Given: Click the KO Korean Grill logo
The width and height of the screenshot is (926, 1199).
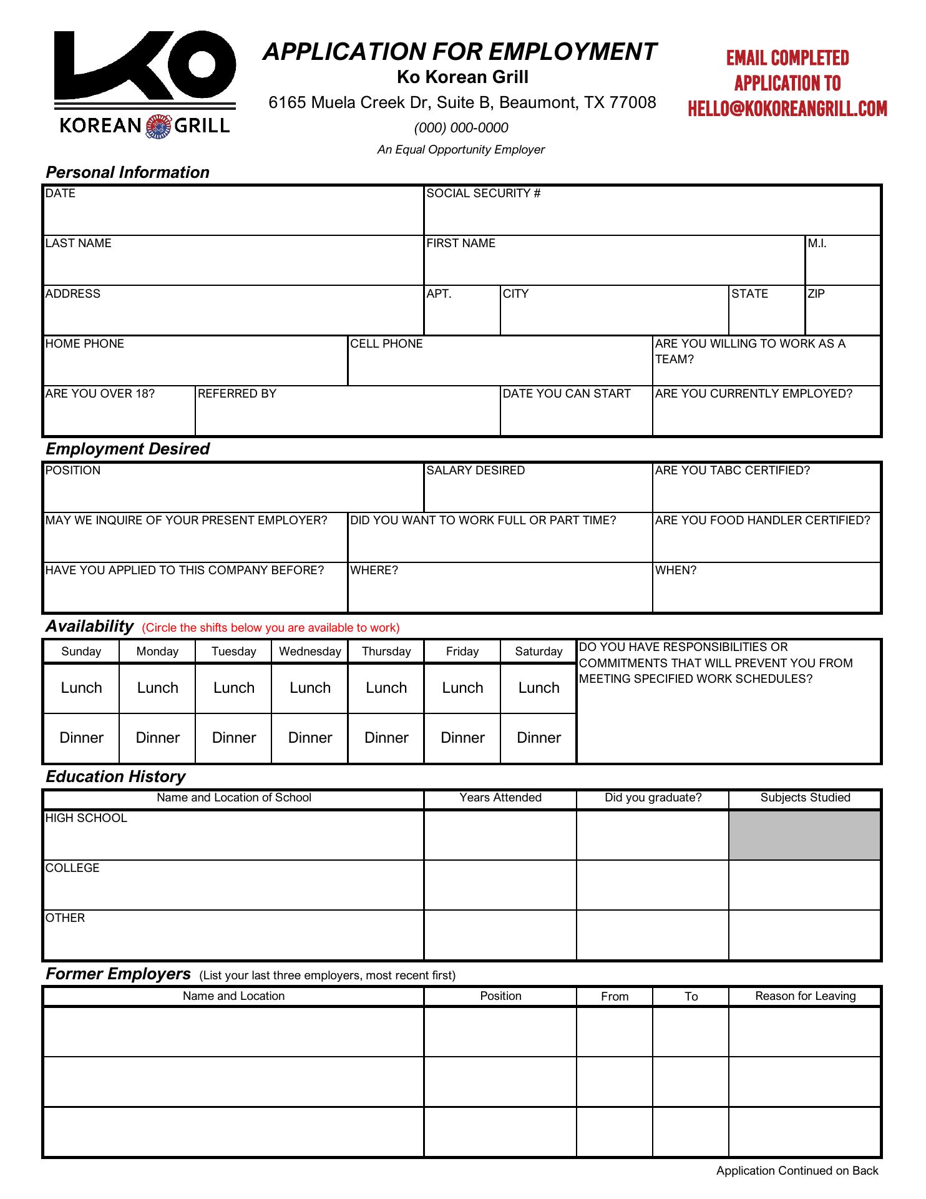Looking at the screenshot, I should coord(145,84).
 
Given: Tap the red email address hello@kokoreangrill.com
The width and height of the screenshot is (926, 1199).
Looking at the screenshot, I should coord(787,109).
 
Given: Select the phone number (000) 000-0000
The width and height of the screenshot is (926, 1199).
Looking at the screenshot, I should coord(461,128).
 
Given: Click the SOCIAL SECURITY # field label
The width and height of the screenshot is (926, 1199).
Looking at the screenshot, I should coord(483,193).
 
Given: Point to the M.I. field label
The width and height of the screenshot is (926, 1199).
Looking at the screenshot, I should coord(817,243).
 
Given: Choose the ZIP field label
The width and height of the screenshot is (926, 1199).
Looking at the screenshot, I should coord(816,294).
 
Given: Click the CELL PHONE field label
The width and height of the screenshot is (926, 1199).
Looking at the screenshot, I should coord(386,344).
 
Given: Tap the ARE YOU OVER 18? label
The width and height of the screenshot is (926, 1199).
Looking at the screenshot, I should coord(100,394).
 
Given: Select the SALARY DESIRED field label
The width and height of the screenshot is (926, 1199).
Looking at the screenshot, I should coord(475,471).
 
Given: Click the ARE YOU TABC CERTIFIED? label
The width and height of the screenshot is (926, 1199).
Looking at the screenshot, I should coord(732,471).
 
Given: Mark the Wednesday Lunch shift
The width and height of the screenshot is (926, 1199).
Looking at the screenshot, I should coord(310,688).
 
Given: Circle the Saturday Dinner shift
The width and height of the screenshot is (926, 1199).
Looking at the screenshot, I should coord(539,738).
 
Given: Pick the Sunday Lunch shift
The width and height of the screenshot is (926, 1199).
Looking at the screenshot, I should coord(81,688).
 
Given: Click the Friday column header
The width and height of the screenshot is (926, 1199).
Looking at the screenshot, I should coord(462,652).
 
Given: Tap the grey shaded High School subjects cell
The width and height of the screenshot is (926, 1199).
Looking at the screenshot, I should coord(804,835).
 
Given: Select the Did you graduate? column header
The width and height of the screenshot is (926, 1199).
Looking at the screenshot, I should coord(653,798).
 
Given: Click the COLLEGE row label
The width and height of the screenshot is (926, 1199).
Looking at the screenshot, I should coord(72,868).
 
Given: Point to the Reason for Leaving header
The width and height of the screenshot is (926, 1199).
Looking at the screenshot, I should coord(805,996).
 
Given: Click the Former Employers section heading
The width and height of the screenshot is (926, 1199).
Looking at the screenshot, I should coord(118,974).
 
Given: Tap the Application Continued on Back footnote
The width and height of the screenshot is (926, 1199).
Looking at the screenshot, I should coord(797,1171).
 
